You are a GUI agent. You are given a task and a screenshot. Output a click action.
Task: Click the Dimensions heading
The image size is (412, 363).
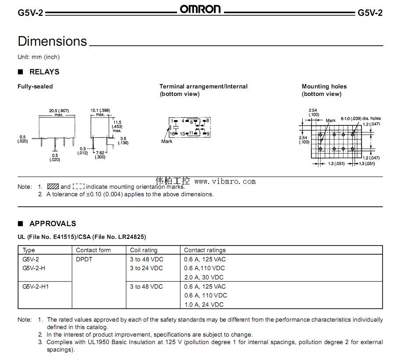click(52, 41)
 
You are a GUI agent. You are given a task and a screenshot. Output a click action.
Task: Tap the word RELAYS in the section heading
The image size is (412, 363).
click(44, 72)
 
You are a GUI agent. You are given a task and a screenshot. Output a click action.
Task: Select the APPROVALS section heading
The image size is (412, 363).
click(52, 224)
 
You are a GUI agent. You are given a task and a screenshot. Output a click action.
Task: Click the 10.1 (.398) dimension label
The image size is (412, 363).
click(101, 110)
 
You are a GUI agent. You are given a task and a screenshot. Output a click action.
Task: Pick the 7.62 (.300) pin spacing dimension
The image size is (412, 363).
click(100, 154)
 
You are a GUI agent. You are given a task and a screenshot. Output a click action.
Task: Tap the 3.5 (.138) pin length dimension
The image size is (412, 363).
click(124, 141)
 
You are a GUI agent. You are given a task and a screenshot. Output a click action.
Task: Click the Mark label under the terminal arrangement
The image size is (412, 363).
click(167, 141)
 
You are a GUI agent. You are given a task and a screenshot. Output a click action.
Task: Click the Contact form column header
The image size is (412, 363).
click(93, 250)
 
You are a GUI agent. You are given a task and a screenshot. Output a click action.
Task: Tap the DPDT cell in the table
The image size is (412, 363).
click(84, 259)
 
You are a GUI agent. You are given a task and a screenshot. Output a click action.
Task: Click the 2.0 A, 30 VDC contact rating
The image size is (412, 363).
click(204, 277)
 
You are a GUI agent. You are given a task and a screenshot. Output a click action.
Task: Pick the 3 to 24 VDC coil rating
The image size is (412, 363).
click(146, 268)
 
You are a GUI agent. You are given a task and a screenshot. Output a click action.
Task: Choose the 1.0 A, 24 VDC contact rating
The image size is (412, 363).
click(204, 304)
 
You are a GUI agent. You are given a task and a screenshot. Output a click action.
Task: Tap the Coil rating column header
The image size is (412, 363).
click(144, 250)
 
